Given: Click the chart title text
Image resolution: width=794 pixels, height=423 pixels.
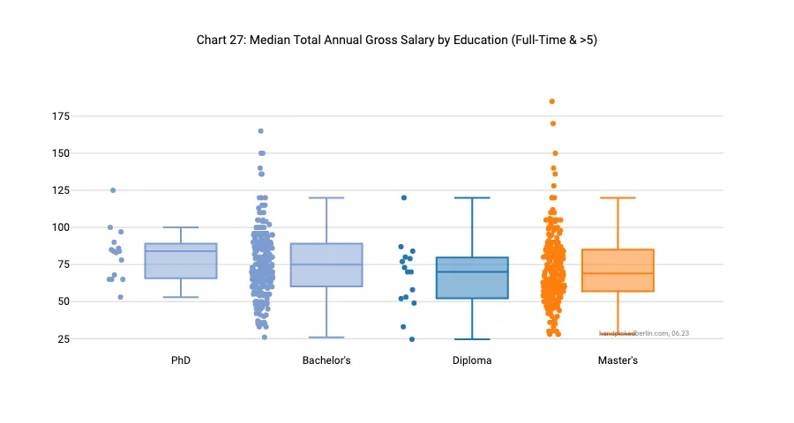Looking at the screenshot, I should (x=397, y=41).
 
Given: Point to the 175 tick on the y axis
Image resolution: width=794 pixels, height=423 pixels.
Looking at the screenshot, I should (x=61, y=116).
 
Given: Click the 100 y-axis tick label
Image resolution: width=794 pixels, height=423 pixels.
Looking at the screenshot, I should (x=61, y=227).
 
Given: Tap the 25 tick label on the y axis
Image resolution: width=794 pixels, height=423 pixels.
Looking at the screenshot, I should (x=64, y=339).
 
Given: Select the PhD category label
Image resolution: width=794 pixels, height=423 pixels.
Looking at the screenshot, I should (x=181, y=360).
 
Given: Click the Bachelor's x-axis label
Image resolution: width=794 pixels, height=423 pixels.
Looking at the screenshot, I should (x=326, y=360).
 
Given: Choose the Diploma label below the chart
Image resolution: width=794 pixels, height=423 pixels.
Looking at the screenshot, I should (x=472, y=360).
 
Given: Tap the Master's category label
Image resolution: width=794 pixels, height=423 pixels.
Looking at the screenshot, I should (x=618, y=360).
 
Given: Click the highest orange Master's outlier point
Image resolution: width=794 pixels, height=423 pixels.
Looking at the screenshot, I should (x=552, y=101).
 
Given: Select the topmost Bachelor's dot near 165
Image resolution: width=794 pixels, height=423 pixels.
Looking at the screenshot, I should (x=261, y=131).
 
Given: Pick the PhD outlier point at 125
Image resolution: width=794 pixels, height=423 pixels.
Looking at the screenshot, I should (x=113, y=190).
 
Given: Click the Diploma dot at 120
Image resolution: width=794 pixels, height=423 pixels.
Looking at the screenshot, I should (x=404, y=197).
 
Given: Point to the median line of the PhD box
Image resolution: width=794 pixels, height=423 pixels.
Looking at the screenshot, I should (x=181, y=251).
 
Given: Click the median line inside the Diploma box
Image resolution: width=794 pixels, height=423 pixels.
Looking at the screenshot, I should (x=472, y=271).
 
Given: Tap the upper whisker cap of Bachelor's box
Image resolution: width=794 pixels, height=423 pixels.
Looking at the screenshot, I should (x=326, y=198).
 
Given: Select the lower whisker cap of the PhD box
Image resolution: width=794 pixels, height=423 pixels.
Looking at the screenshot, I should (x=181, y=297).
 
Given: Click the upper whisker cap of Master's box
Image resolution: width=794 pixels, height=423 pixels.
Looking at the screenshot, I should (x=618, y=198).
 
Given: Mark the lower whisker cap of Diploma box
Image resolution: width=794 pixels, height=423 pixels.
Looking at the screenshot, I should (x=472, y=339).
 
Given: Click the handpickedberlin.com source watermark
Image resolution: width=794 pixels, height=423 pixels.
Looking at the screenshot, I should (x=644, y=333).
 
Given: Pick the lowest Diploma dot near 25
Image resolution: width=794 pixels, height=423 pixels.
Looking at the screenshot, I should (x=411, y=339).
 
